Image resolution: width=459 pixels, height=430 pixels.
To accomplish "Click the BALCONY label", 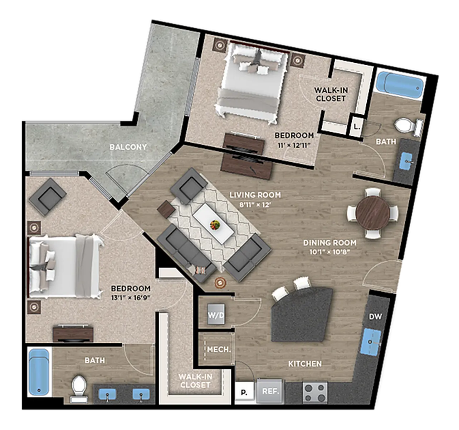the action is point(128,147).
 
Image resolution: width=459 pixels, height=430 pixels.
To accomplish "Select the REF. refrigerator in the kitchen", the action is point(270,391).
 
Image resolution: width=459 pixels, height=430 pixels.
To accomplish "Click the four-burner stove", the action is point(315,393).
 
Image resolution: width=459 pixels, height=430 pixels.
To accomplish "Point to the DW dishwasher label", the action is point(375,317).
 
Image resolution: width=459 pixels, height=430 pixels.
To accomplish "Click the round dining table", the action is point(373,213).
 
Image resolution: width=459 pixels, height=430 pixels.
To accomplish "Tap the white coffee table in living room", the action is point(213,223).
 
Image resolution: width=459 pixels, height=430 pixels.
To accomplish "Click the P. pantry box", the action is point(244,392).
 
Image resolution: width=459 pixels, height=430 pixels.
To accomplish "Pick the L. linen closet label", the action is point(357,126).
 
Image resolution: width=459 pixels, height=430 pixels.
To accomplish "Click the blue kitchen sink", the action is point(371,342).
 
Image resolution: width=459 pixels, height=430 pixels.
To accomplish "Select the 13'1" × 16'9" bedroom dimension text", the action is point(131,297).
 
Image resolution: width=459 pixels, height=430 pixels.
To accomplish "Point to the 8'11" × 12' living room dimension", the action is point(255,205).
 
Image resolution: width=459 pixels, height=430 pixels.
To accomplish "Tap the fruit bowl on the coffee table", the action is point(215,225).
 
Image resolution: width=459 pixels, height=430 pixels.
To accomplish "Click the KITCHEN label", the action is point(305,364).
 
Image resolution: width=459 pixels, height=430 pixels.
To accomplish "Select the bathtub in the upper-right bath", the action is point(400,85).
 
